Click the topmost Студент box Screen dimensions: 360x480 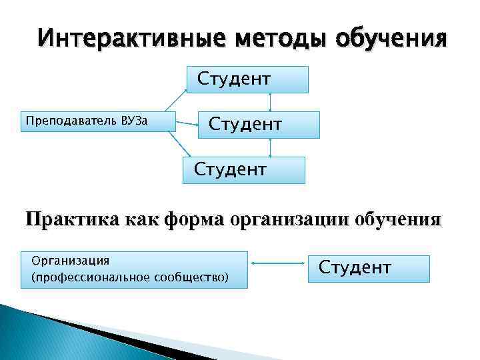(248, 79)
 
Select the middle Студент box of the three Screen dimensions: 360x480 (259, 125)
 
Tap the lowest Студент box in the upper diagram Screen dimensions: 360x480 (244, 169)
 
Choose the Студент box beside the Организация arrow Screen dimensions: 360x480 (369, 268)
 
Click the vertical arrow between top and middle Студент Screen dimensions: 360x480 (269, 102)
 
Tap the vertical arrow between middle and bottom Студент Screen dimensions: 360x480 (269, 147)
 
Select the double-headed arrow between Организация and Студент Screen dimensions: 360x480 (279, 265)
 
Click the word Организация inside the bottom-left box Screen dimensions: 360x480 (66, 260)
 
